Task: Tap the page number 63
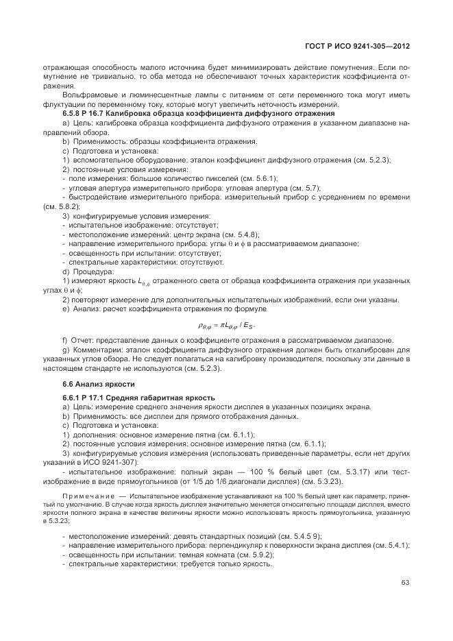pos(405,583)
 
